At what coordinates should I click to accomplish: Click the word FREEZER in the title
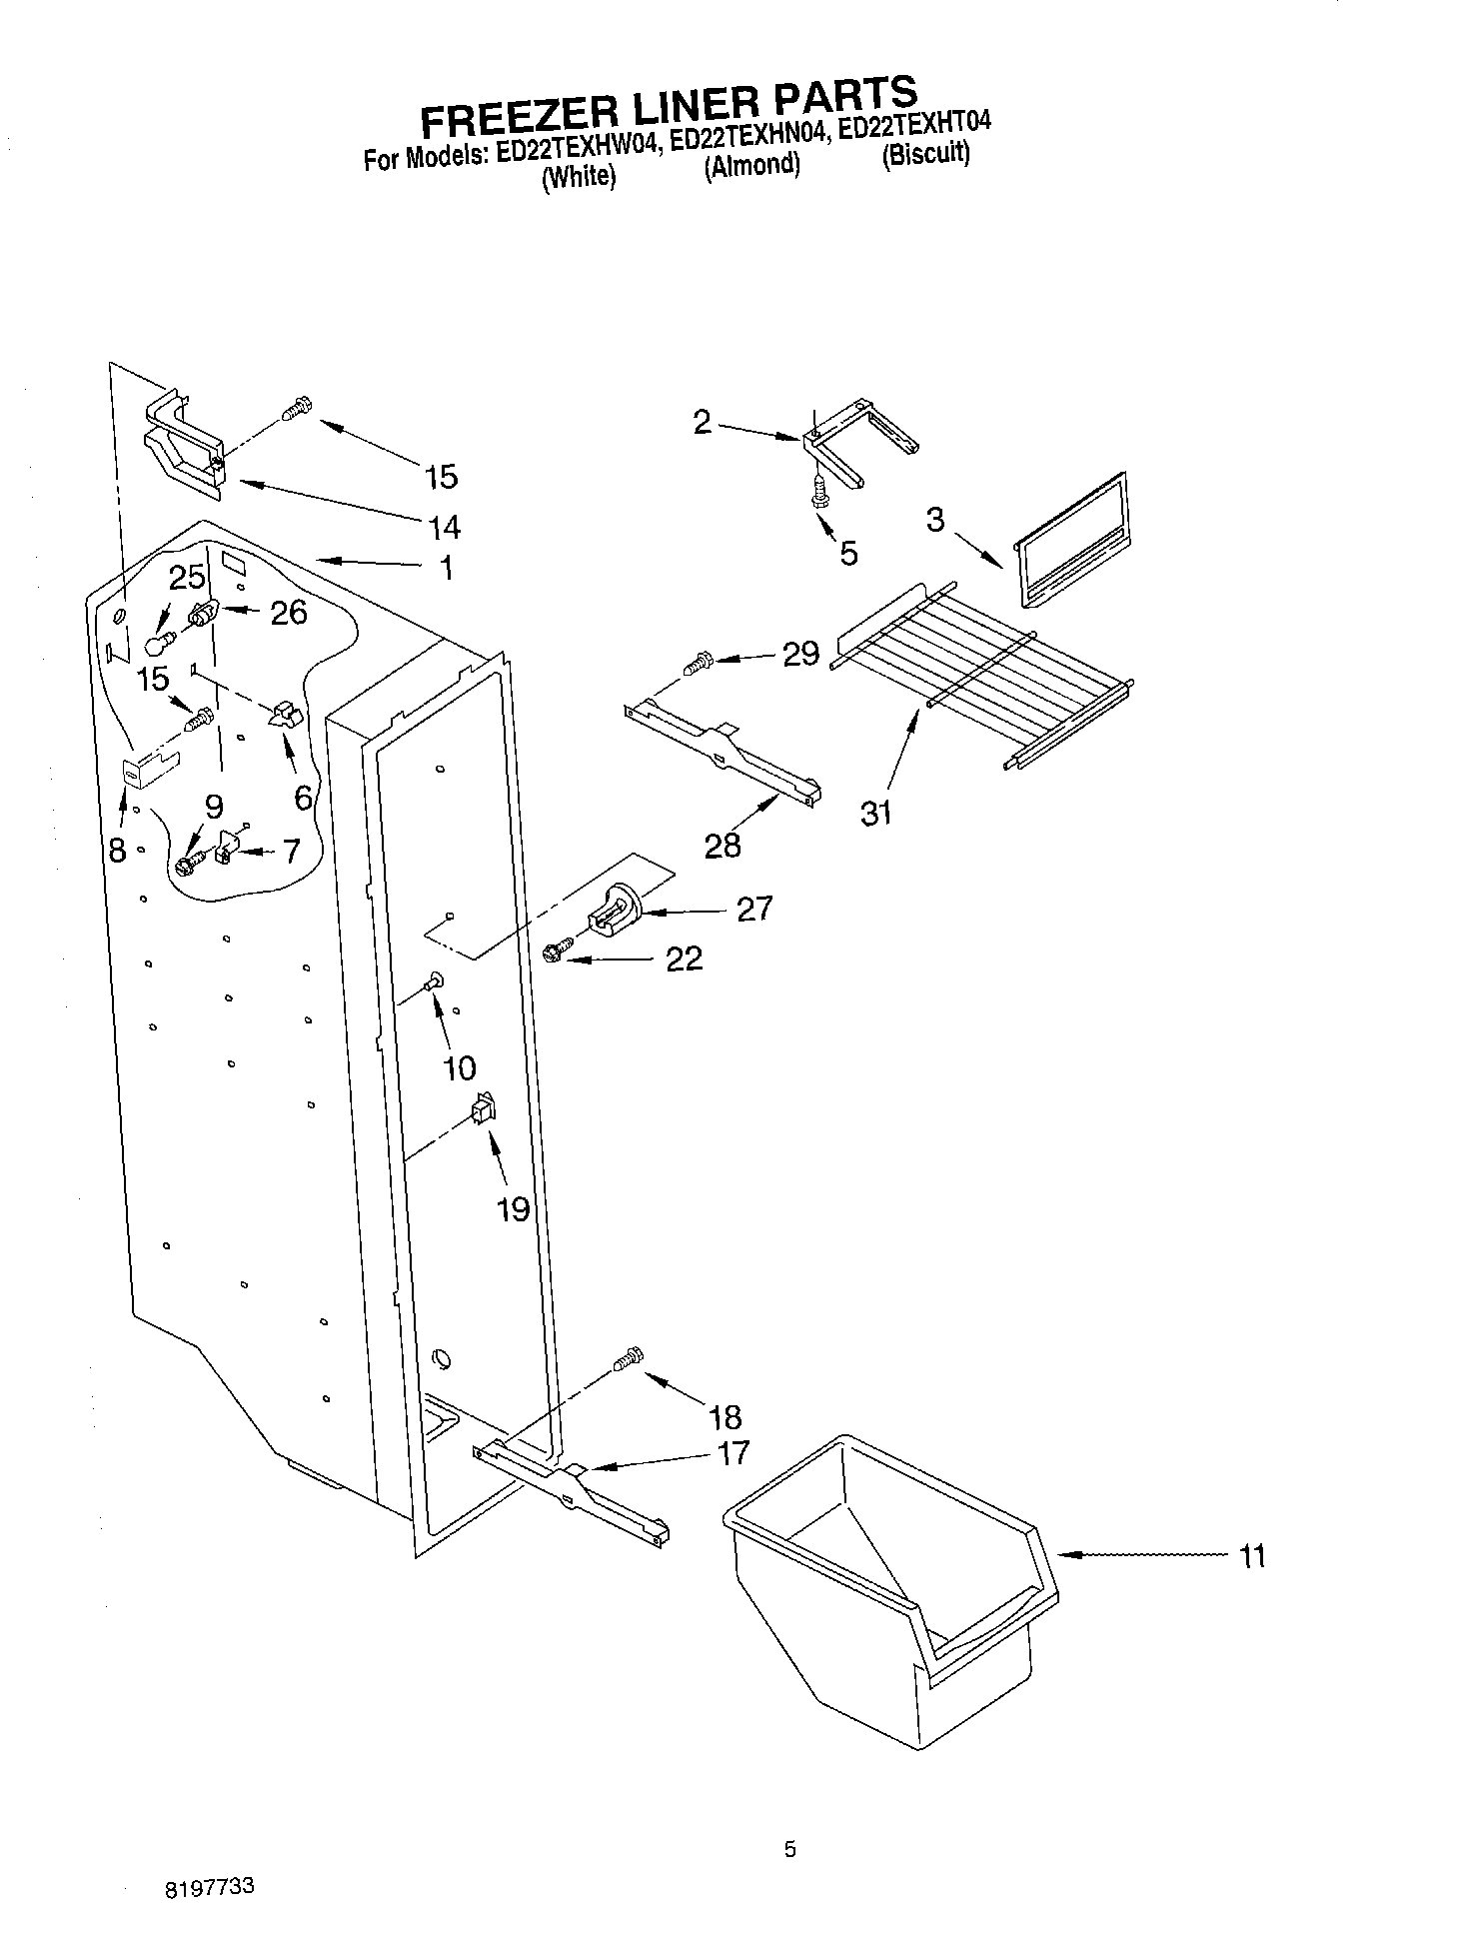click(x=507, y=113)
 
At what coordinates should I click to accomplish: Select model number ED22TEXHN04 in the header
click(x=746, y=137)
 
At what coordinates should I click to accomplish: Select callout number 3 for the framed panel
click(x=934, y=520)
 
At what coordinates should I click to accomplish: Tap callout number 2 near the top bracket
click(x=703, y=422)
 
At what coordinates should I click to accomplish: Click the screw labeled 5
click(x=820, y=493)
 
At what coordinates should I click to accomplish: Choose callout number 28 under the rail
click(x=723, y=845)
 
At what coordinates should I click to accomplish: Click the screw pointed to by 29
click(x=699, y=661)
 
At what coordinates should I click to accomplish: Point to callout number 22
click(x=685, y=959)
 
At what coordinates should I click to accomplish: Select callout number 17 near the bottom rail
click(x=733, y=1453)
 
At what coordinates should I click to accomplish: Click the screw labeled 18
click(x=628, y=1360)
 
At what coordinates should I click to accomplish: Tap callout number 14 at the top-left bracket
click(x=444, y=526)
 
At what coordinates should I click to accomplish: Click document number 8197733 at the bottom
click(x=209, y=1888)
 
